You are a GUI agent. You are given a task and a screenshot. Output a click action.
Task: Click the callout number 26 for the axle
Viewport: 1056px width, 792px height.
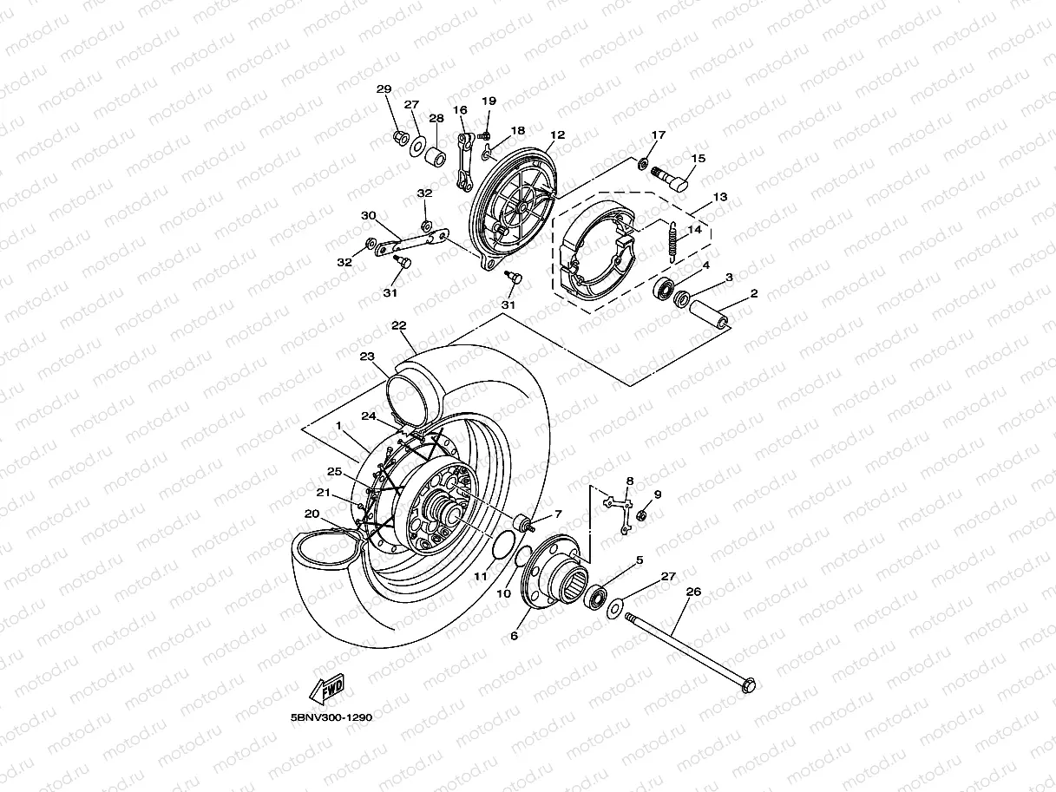click(692, 592)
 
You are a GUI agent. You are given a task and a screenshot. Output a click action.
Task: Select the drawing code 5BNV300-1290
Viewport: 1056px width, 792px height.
click(331, 718)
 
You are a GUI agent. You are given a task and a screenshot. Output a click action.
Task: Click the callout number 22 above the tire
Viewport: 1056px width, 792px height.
click(398, 326)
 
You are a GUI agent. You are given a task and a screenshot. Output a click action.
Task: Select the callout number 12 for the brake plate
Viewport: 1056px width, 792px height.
click(556, 135)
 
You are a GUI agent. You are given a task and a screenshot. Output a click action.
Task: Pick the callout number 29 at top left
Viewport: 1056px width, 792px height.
click(384, 90)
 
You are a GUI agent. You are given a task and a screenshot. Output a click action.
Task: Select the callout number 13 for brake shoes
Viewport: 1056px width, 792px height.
click(719, 198)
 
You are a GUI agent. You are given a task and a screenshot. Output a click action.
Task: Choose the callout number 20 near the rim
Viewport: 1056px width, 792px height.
click(312, 513)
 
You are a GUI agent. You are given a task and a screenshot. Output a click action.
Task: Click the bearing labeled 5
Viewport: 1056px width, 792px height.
click(595, 596)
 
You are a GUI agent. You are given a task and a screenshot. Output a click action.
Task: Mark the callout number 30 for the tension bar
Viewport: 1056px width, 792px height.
click(368, 215)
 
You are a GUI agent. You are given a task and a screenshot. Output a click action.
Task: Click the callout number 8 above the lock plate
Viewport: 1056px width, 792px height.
click(629, 480)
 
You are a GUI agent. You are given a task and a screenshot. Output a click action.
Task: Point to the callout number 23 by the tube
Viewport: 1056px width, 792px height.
click(366, 357)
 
